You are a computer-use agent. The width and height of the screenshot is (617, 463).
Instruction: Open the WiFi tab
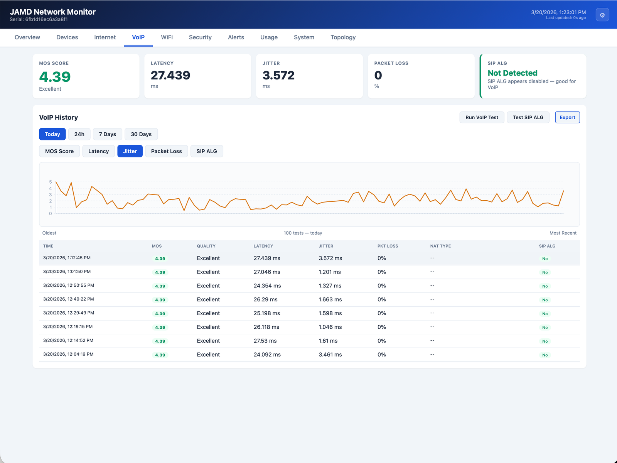(x=167, y=37)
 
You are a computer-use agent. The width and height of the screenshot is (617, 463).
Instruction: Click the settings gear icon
(x=602, y=15)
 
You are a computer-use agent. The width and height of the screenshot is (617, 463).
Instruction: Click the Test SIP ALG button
(x=528, y=117)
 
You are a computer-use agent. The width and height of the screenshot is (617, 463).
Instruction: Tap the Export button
(x=567, y=117)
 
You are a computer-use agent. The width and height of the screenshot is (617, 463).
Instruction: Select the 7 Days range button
(x=107, y=134)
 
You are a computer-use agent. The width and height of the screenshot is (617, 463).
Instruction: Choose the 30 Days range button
(x=141, y=134)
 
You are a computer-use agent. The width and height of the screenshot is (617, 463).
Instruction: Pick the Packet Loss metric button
(x=166, y=151)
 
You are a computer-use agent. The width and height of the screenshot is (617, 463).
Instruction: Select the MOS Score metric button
(x=59, y=151)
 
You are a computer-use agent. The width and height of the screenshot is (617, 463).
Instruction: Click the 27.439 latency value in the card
(x=170, y=75)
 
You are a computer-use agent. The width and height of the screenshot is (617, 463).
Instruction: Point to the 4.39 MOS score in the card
(x=55, y=77)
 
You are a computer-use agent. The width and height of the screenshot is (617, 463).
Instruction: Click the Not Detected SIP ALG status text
(x=512, y=73)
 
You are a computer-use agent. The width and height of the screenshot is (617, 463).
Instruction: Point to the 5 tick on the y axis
(x=51, y=182)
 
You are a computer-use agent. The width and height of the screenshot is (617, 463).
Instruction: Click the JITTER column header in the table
(x=326, y=246)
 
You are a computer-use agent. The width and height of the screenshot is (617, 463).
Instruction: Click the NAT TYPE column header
(x=440, y=246)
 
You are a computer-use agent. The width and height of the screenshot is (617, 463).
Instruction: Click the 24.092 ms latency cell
(x=267, y=355)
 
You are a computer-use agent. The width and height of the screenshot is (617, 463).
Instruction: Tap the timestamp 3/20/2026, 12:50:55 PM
(x=69, y=286)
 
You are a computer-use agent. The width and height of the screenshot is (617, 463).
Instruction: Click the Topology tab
(x=343, y=37)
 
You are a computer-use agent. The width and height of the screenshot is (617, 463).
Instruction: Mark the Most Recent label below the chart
(x=563, y=233)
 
